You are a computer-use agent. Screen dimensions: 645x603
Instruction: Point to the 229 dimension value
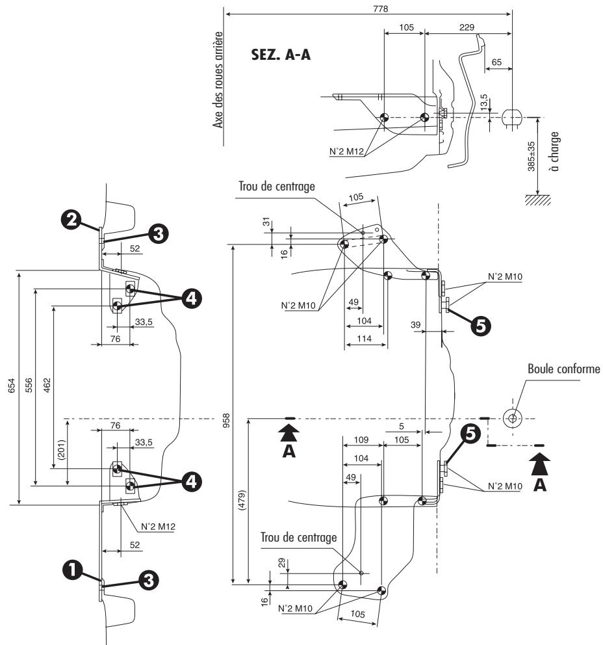pyautogui.click(x=466, y=27)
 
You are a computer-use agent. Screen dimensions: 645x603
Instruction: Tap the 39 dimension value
pyautogui.click(x=415, y=323)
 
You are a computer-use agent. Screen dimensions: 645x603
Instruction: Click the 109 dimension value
pyautogui.click(x=361, y=440)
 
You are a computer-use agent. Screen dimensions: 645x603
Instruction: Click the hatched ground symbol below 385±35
pyautogui.click(x=537, y=198)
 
